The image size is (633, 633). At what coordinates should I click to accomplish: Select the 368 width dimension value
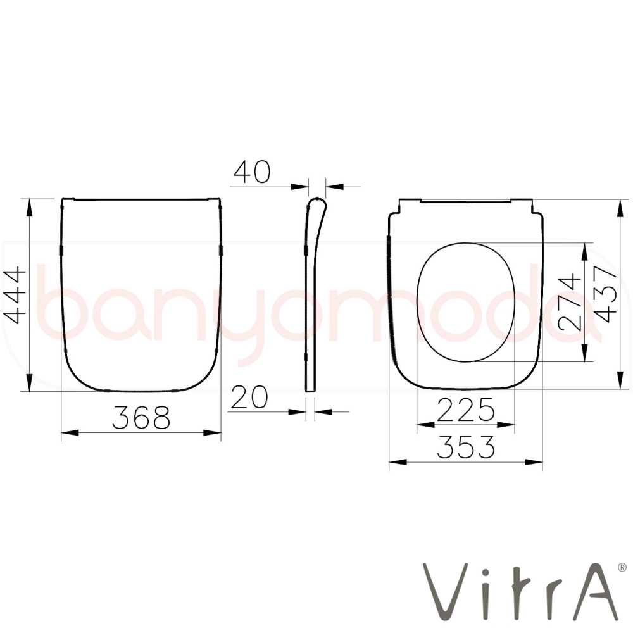tap(141, 417)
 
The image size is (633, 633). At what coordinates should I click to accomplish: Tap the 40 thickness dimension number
tap(252, 172)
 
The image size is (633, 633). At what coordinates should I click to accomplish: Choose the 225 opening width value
tap(465, 410)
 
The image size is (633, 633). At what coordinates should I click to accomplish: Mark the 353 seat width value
tap(466, 447)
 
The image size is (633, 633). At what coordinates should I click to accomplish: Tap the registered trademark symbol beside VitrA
tap(622, 567)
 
